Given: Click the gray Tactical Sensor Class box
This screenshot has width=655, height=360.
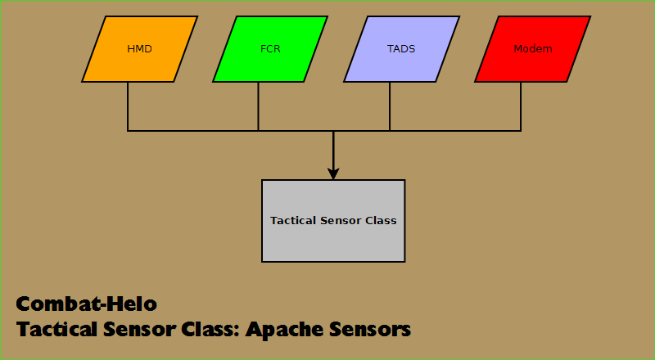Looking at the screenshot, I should (x=333, y=241).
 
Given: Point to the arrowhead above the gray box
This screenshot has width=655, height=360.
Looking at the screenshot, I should (x=333, y=173).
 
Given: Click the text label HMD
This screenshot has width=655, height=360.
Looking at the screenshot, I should (x=139, y=49).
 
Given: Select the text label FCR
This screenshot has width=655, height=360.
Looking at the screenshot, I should (x=271, y=49).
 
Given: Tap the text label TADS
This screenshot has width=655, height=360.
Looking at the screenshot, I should (x=401, y=49).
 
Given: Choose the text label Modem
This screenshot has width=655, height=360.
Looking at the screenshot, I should (x=532, y=49).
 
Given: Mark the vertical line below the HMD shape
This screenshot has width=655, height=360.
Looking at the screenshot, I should (x=128, y=106).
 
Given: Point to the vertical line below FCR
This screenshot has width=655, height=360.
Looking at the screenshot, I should (x=259, y=106).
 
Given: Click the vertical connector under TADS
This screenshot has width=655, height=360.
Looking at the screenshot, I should (x=390, y=106).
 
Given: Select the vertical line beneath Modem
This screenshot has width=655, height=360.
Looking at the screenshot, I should (x=521, y=106).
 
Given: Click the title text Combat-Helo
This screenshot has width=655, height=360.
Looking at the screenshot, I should (x=86, y=304).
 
